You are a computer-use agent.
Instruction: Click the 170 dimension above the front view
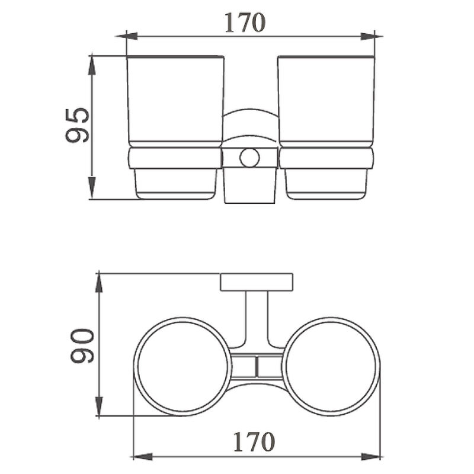(x=245, y=23)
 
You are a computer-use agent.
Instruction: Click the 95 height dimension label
(x=78, y=125)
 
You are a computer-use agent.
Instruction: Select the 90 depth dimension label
(x=82, y=346)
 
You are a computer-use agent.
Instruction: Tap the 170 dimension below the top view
(x=254, y=441)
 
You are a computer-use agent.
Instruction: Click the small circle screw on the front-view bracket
(x=249, y=158)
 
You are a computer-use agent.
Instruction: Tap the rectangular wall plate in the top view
(x=257, y=283)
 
